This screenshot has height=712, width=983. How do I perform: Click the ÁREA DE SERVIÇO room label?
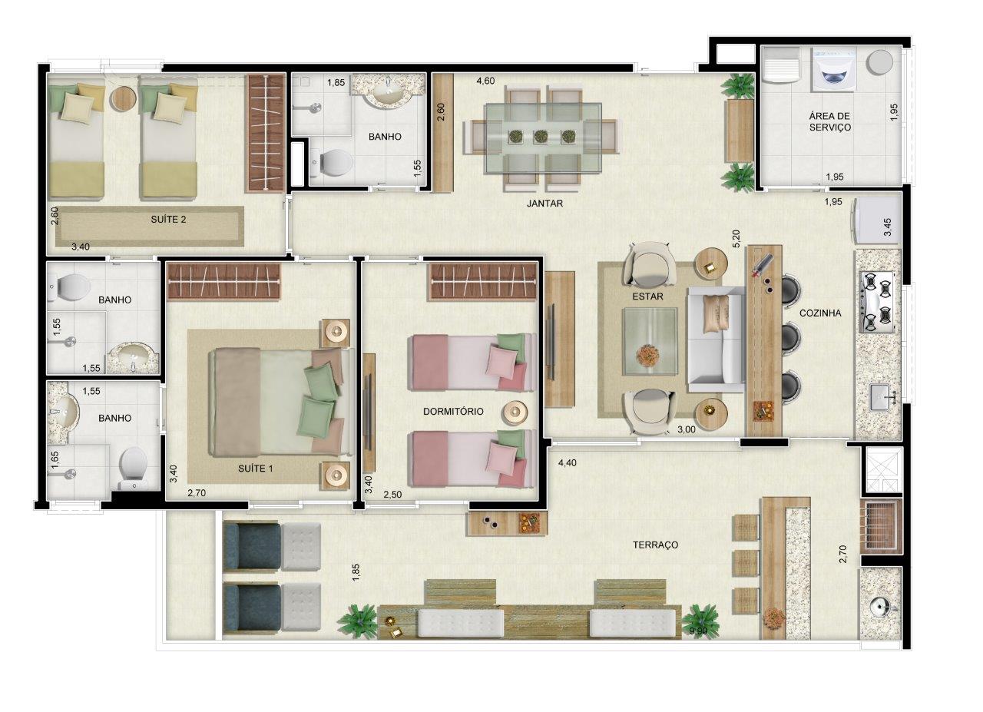click(x=829, y=121)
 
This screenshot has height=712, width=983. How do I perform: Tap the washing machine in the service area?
click(x=834, y=70)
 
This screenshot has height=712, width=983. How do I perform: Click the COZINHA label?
click(x=820, y=313)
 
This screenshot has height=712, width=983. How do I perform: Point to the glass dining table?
click(x=543, y=137)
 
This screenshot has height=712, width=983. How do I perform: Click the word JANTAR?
click(x=544, y=204)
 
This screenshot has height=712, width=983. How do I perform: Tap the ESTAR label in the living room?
click(x=647, y=296)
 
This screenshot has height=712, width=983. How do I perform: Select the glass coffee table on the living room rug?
click(x=650, y=341)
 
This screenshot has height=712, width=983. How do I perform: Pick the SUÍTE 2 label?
click(x=168, y=220)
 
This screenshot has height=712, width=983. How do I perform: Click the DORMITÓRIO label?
click(x=453, y=412)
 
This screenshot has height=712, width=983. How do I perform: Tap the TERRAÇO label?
click(x=655, y=545)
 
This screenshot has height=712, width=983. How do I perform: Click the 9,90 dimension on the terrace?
click(x=699, y=631)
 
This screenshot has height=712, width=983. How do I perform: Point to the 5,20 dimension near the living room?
click(x=736, y=239)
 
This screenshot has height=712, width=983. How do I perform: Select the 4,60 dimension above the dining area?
click(x=485, y=81)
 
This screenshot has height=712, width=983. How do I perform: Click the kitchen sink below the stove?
click(x=879, y=398)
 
